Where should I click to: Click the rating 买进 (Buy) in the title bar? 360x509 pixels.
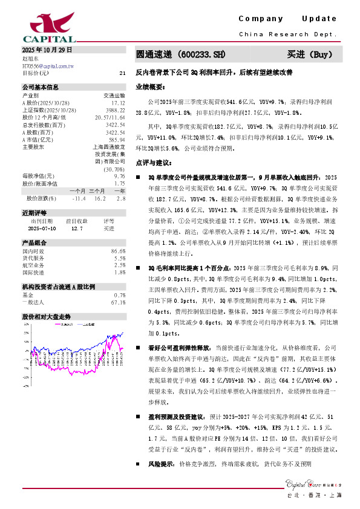310,54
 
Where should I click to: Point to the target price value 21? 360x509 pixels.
122,73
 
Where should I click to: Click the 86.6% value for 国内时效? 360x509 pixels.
117,250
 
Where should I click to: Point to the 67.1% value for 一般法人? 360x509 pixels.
117,302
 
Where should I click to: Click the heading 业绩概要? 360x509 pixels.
149,87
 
